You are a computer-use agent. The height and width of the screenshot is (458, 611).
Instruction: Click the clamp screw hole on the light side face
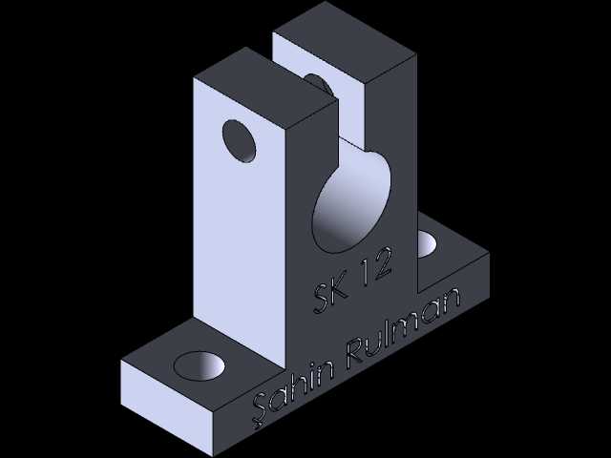click(x=240, y=141)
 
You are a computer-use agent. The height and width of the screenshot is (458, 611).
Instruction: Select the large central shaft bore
click(x=351, y=201)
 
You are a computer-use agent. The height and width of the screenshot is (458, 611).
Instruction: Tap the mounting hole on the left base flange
click(x=200, y=365)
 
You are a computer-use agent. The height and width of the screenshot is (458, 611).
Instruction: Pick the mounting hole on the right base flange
click(x=427, y=244)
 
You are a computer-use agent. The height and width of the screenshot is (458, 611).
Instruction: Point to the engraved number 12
click(x=375, y=265)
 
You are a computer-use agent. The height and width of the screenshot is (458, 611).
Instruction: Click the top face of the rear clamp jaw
click(x=345, y=42)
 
